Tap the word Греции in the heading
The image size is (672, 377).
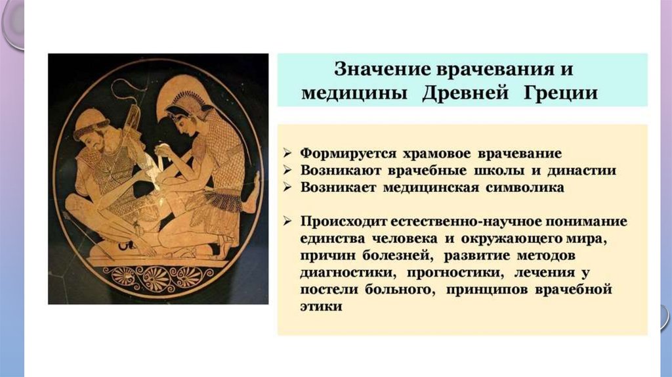tap(560, 93)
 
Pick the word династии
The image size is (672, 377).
tap(581, 170)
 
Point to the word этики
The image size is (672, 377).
tap(321, 307)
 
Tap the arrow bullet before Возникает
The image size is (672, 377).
tap(287, 187)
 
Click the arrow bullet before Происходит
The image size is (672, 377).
tap(287, 221)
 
